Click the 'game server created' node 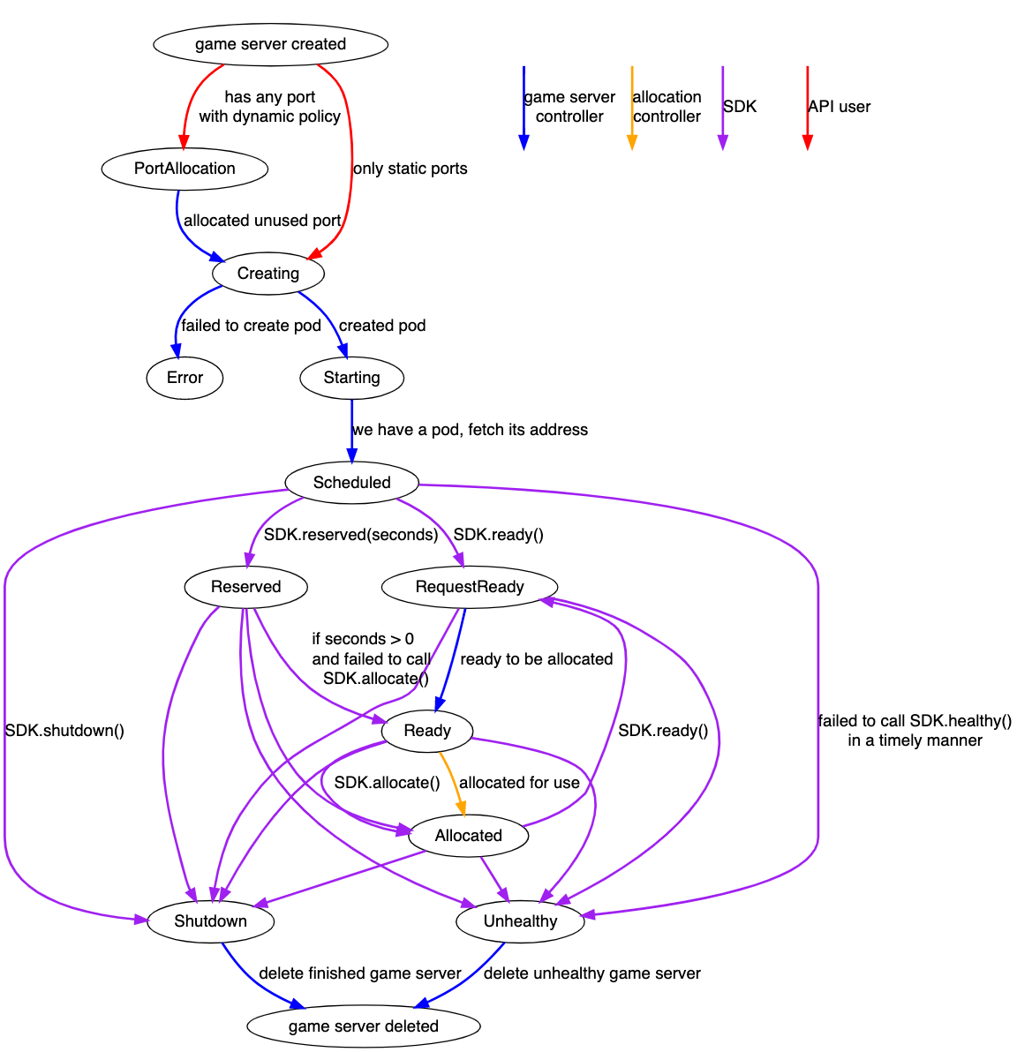(270, 44)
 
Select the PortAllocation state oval (185, 169)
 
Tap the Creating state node (268, 274)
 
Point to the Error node (185, 378)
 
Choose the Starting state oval (351, 378)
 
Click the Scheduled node (351, 483)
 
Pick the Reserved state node (245, 587)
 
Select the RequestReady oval (470, 587)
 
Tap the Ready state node (427, 731)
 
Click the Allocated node (468, 836)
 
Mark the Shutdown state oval (210, 921)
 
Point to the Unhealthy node (520, 921)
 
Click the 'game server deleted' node (363, 1026)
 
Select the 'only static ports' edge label (411, 169)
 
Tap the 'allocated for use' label (519, 783)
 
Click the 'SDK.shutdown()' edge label (64, 731)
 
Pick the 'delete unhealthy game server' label (591, 973)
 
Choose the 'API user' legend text (839, 107)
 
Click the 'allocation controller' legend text (667, 107)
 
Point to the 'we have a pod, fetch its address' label (470, 430)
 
